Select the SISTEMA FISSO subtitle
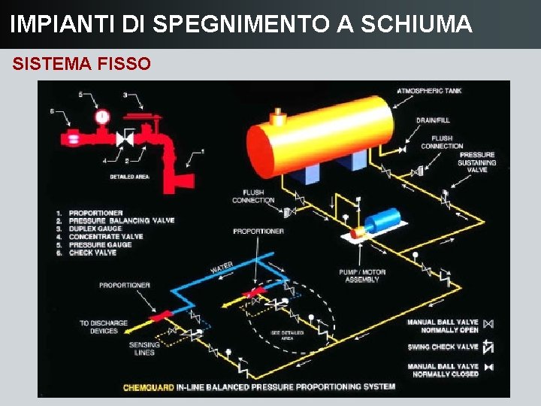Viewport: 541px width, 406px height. tap(81, 64)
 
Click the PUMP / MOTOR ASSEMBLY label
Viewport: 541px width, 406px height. tap(363, 276)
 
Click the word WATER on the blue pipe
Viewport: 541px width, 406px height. tap(222, 267)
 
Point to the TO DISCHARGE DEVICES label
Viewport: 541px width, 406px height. tap(104, 327)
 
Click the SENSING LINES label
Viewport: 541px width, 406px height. tap(144, 348)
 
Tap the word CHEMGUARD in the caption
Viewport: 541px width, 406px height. tap(148, 387)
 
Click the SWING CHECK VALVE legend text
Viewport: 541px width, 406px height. tap(443, 347)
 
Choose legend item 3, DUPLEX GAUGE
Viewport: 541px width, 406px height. tap(95, 229)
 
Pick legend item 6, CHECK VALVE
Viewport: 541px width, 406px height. tap(93, 253)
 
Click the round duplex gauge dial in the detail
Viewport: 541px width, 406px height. tap(102, 117)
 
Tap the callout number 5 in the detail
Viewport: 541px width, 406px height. tap(80, 95)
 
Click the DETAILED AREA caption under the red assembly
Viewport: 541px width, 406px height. tap(129, 177)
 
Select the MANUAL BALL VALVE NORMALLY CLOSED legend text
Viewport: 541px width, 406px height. tap(443, 370)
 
